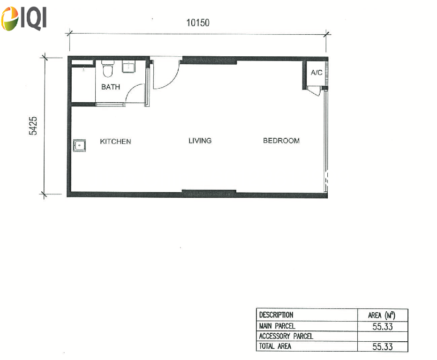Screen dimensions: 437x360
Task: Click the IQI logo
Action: click(x=24, y=18)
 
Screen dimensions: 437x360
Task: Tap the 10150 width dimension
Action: click(x=198, y=22)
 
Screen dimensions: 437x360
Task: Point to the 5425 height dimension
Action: click(x=33, y=126)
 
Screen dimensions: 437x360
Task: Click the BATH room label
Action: click(x=111, y=87)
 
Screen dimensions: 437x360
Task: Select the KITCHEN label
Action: click(x=115, y=141)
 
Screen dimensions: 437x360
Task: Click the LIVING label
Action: click(x=200, y=141)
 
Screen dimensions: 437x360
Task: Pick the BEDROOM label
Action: click(x=281, y=141)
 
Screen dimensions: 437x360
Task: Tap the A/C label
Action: click(x=316, y=73)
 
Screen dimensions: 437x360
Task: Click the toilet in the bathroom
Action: click(x=107, y=68)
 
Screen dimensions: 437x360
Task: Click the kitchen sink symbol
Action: click(x=79, y=145)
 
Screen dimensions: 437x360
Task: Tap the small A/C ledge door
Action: click(x=314, y=91)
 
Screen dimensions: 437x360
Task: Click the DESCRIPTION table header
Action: click(x=276, y=315)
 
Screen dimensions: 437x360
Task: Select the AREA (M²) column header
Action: click(x=382, y=315)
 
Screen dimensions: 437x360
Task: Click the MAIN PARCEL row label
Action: click(x=277, y=326)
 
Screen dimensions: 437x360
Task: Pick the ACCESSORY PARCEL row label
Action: click(x=286, y=336)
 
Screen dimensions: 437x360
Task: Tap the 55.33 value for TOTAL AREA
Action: click(x=383, y=346)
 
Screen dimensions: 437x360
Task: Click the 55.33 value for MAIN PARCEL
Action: click(x=383, y=326)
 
